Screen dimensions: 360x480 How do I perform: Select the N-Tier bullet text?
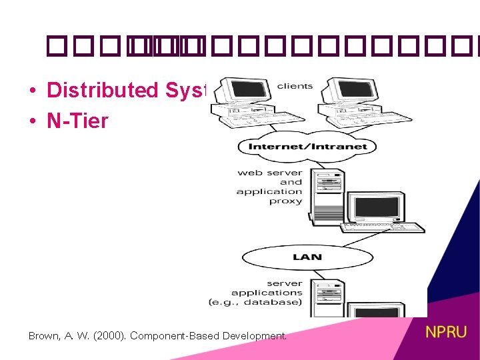77,121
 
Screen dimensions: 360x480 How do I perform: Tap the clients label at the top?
295,86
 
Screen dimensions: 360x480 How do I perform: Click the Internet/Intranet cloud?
307,146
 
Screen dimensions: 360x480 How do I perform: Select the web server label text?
269,173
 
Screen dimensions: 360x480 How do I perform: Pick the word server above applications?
284,283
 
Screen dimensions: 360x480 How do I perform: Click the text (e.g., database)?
255,302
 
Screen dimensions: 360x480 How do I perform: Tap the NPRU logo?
446,332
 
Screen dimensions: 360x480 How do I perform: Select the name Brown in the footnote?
44,336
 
